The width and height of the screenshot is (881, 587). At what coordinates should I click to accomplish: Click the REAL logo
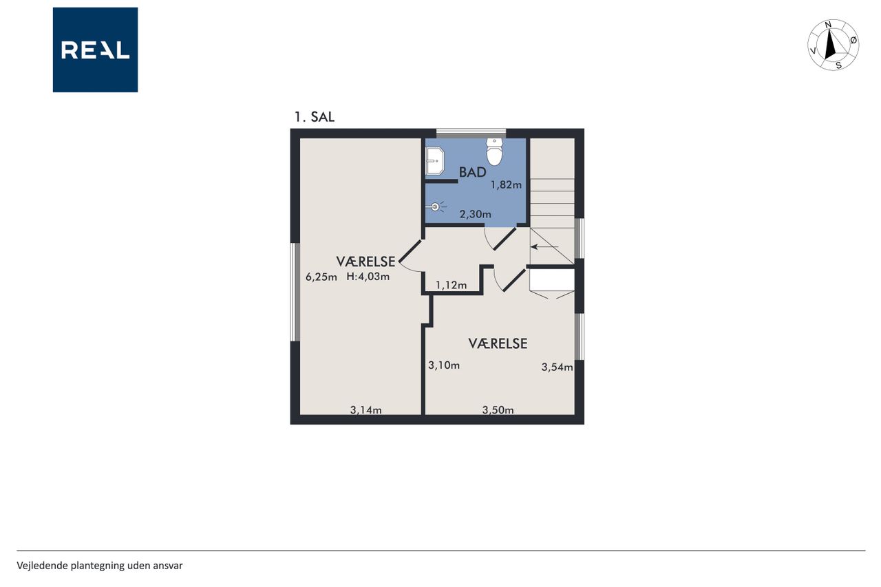95,50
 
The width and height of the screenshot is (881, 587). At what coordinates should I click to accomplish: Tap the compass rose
833,45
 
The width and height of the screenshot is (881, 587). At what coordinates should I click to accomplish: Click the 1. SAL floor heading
315,117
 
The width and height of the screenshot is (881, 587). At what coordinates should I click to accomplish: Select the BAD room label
473,172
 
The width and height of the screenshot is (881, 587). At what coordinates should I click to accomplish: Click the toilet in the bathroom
494,151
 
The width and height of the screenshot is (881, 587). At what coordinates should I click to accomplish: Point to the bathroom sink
434,161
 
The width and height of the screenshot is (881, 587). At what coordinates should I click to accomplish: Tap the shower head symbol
436,206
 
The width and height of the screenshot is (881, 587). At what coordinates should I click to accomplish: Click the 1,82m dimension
506,185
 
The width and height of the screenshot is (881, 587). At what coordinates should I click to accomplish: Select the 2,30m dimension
476,214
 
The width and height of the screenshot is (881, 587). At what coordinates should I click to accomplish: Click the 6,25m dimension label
321,277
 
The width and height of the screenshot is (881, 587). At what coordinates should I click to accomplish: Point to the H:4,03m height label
368,277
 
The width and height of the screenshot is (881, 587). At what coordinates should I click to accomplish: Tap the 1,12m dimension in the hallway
451,285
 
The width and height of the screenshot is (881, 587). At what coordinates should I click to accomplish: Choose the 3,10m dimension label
444,365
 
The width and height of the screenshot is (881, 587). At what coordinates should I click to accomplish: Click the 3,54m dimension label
557,367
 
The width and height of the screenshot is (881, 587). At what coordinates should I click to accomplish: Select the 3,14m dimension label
365,410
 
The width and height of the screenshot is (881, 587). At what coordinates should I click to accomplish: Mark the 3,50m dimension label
498,410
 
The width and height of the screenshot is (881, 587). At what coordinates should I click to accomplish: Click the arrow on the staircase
544,247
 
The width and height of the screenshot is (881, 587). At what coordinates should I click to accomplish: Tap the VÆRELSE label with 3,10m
498,343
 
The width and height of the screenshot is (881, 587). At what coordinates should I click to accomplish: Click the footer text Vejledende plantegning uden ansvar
100,566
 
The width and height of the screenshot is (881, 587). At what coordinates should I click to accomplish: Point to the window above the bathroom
471,134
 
